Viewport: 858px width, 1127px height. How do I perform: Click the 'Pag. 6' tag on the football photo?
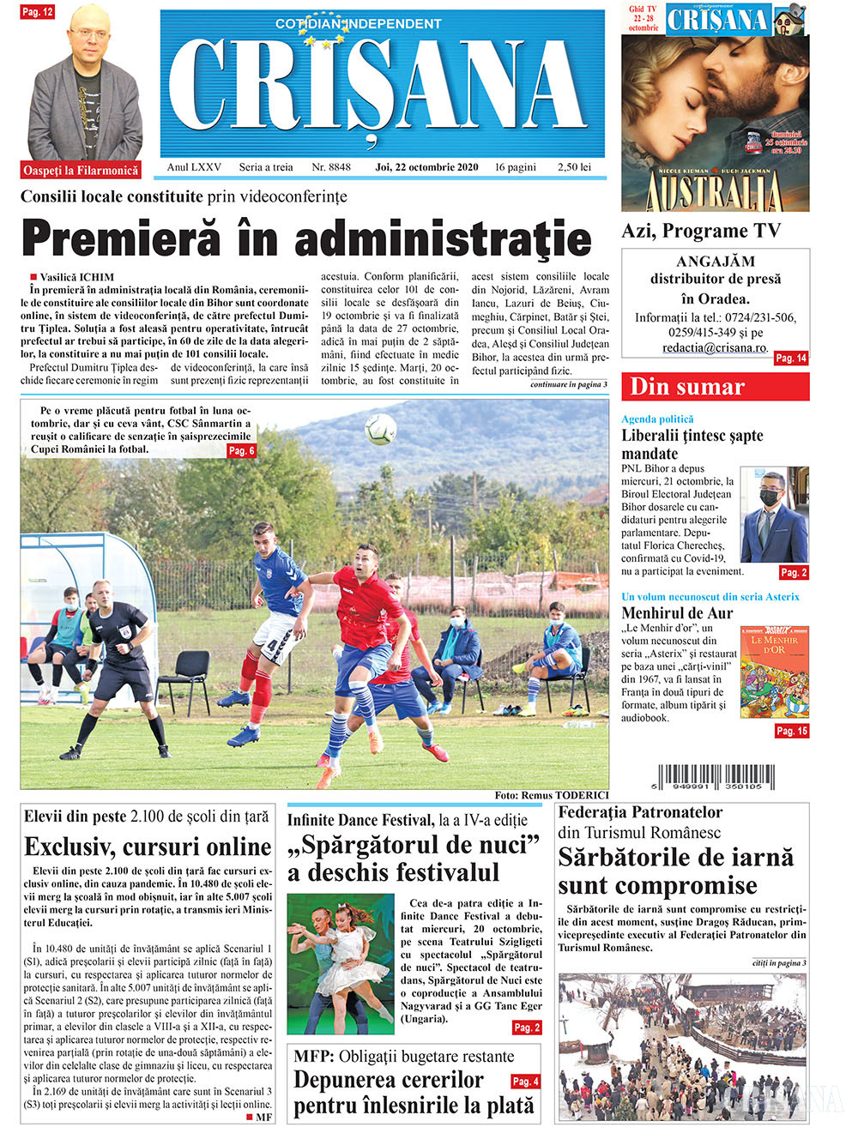241,450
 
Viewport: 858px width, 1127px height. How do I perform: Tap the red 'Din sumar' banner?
715,387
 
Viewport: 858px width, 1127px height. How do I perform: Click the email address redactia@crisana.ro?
714,348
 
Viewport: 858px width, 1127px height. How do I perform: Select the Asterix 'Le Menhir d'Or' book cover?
774,672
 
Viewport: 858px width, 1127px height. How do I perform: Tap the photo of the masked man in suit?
774,514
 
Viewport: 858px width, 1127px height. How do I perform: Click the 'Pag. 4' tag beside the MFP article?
525,1082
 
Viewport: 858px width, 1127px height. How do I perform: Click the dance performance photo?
339,962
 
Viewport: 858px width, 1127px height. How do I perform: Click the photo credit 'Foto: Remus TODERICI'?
552,795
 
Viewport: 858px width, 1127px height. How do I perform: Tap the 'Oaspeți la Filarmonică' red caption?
81,171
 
